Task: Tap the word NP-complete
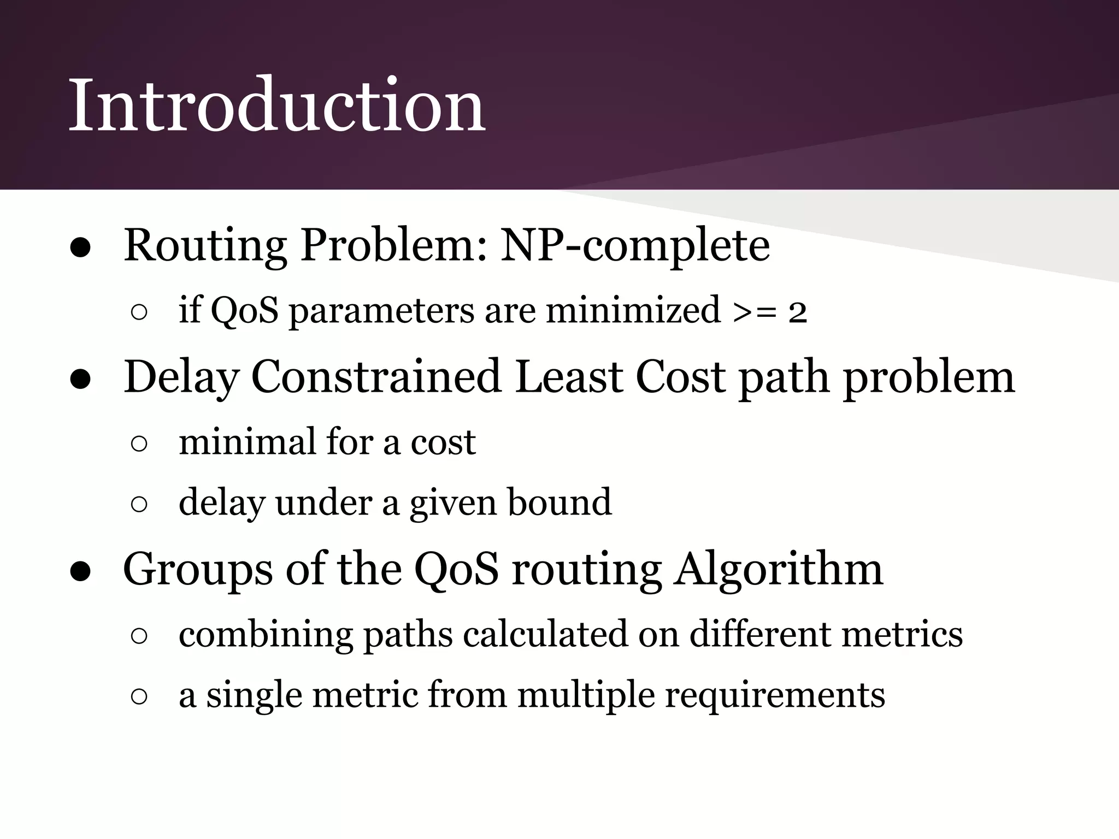pos(635,246)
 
